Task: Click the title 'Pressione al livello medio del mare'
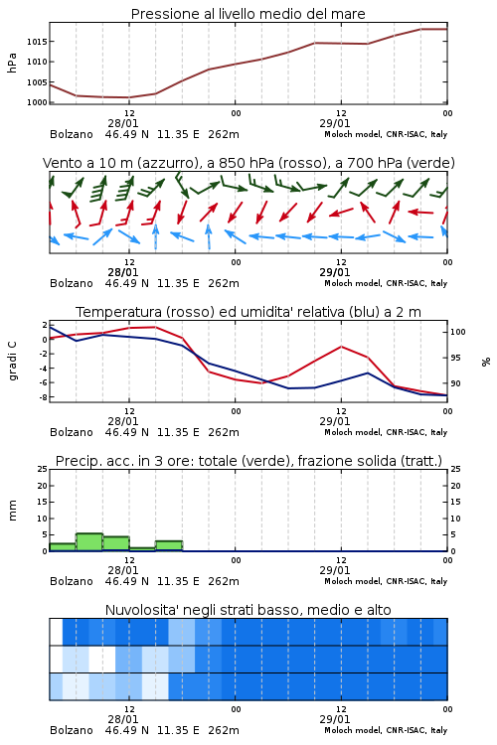[248, 14]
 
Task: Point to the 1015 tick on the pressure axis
[37, 42]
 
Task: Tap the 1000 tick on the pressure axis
[37, 102]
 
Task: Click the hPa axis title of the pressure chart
[12, 63]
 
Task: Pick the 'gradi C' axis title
[13, 362]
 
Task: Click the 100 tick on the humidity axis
[458, 332]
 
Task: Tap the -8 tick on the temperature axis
[44, 397]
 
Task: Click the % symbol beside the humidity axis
[486, 362]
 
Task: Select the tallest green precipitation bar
[89, 542]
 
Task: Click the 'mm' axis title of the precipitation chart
[12, 511]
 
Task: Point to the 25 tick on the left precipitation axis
[43, 469]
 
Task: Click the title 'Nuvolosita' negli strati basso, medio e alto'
[248, 610]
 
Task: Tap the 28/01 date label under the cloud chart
[122, 719]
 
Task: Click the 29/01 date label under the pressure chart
[334, 123]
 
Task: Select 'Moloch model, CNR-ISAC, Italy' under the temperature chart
[386, 432]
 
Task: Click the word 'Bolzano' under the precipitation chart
[72, 581]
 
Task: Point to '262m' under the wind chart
[224, 283]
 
